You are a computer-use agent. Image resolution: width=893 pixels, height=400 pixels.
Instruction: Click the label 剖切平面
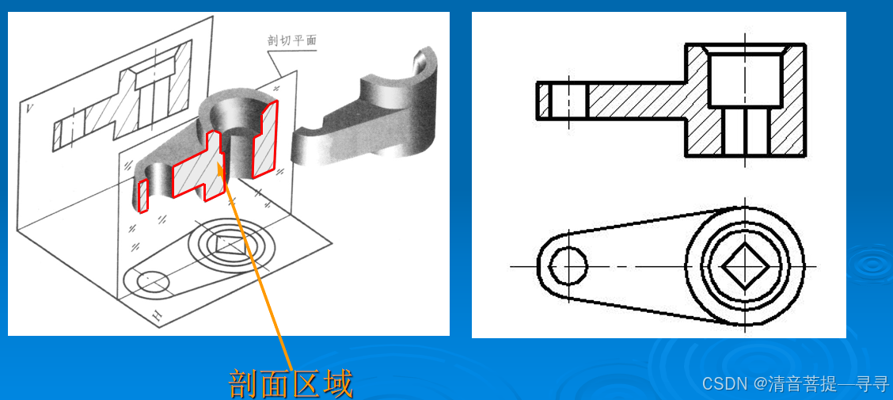(x=292, y=41)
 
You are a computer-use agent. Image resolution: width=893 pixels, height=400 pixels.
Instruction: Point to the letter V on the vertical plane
(x=28, y=107)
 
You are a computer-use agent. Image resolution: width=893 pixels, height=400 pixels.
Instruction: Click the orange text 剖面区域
(x=291, y=383)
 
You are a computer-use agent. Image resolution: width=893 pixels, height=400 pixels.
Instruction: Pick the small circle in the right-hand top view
(x=568, y=266)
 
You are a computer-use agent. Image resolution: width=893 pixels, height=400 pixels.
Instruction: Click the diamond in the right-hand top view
(x=745, y=266)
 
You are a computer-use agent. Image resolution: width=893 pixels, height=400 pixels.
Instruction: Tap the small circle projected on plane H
(x=147, y=282)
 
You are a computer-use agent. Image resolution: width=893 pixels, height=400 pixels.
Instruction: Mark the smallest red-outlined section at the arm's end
(x=144, y=196)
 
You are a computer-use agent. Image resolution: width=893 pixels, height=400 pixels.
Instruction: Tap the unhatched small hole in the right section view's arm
(x=568, y=101)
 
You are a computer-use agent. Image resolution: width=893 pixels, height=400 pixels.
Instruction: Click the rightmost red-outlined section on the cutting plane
(x=265, y=139)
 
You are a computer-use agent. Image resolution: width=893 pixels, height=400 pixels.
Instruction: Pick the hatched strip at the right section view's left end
(x=544, y=101)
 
